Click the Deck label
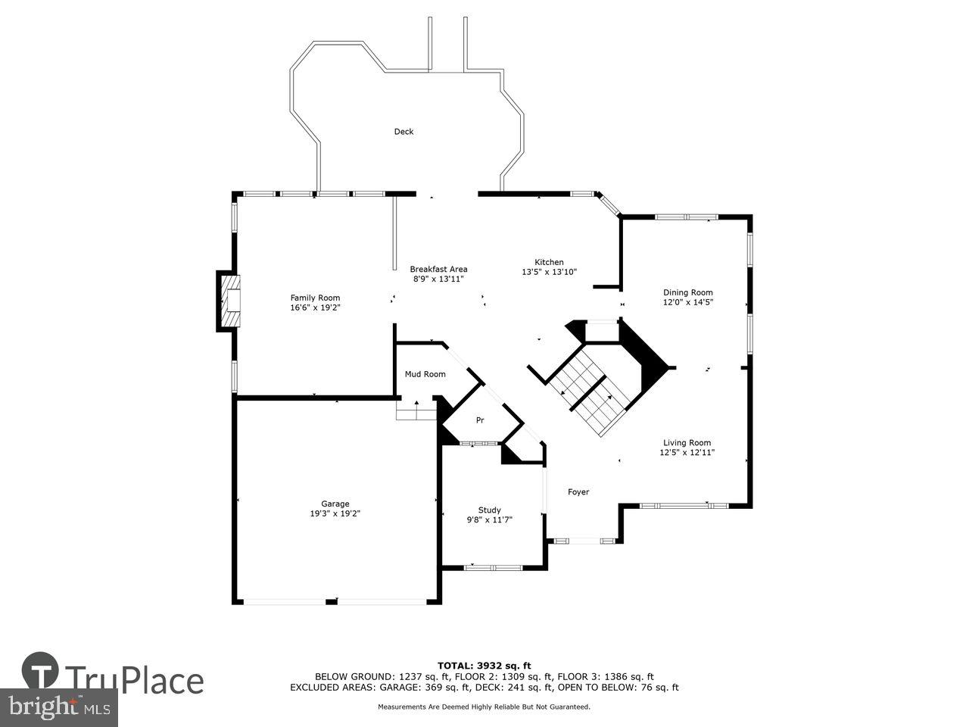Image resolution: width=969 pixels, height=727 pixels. pyautogui.click(x=403, y=132)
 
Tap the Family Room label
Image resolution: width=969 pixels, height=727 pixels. pyautogui.click(x=315, y=298)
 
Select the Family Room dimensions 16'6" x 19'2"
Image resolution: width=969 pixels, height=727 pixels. pyautogui.click(x=315, y=307)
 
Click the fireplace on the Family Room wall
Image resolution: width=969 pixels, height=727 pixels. pyautogui.click(x=229, y=301)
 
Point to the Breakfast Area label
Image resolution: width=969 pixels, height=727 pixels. pyautogui.click(x=438, y=269)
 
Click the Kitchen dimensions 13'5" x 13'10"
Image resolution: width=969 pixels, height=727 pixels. pyautogui.click(x=549, y=272)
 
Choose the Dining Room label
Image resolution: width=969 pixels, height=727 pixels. pyautogui.click(x=687, y=292)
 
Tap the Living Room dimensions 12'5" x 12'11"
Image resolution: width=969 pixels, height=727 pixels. pyautogui.click(x=687, y=453)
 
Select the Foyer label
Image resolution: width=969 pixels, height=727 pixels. pyautogui.click(x=578, y=492)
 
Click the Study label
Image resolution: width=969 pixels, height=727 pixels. pyautogui.click(x=489, y=510)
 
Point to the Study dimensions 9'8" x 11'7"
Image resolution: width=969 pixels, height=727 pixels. pyautogui.click(x=489, y=520)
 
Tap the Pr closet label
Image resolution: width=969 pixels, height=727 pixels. pyautogui.click(x=479, y=420)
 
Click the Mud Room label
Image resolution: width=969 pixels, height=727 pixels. pyautogui.click(x=425, y=374)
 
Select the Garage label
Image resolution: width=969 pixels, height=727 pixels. pyautogui.click(x=335, y=504)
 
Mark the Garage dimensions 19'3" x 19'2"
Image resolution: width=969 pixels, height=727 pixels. pyautogui.click(x=335, y=513)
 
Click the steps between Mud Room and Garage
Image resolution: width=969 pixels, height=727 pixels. pyautogui.click(x=416, y=410)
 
